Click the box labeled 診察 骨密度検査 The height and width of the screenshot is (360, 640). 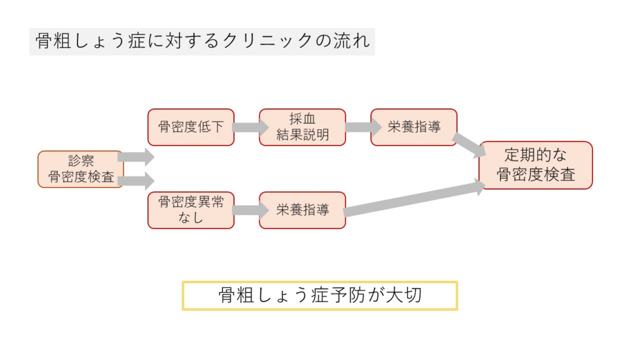click(81, 169)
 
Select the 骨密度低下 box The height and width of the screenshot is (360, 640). click(191, 127)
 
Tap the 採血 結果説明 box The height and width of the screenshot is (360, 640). click(302, 127)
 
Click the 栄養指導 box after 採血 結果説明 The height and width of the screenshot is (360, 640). click(413, 127)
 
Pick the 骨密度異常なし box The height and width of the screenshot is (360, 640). click(191, 210)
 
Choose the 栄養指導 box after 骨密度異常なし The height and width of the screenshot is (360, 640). click(302, 210)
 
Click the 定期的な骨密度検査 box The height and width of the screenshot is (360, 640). click(536, 166)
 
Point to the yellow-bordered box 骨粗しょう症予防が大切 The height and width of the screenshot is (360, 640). click(319, 296)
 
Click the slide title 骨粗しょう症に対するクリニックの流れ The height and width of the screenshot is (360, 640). click(202, 41)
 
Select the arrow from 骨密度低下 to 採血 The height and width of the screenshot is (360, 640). click(247, 127)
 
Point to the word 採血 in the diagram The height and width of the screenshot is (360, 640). click(302, 119)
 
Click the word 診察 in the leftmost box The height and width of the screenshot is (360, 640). click(81, 161)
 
